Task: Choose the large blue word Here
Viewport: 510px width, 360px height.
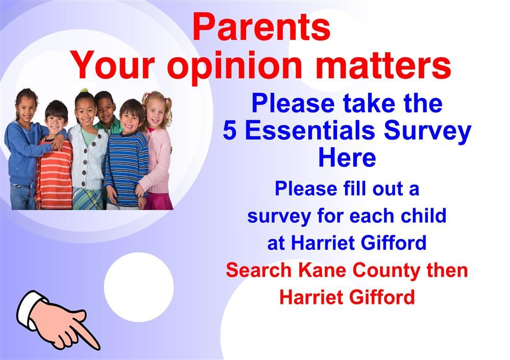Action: coord(347,158)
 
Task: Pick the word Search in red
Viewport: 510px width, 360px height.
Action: coord(259,270)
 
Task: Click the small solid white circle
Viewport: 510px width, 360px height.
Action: coord(139,287)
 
